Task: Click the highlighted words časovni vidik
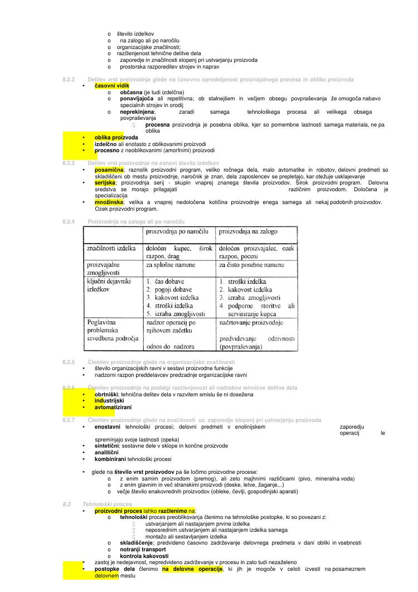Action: (111, 86)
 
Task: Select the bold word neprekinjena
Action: (138, 112)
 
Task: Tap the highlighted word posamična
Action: (109, 169)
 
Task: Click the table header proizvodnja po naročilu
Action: (177, 231)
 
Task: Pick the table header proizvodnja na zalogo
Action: (249, 231)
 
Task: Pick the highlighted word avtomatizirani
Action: (113, 407)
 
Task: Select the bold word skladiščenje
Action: (137, 542)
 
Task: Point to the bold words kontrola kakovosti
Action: (144, 556)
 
